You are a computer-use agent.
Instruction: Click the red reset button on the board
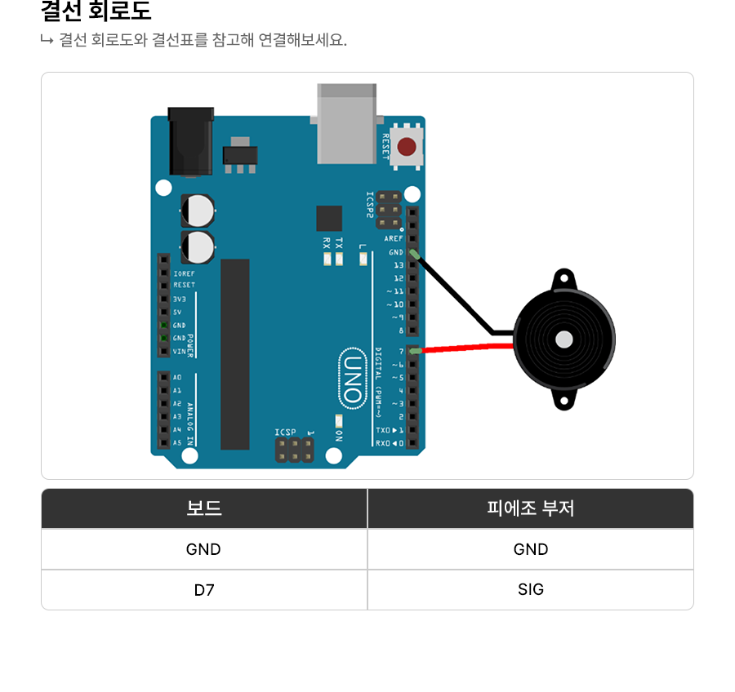[x=407, y=147]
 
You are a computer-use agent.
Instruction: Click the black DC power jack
[x=190, y=140]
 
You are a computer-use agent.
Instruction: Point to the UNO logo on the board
[x=352, y=377]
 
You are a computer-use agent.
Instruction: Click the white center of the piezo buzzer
[x=563, y=339]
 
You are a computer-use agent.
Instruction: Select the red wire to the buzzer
[x=465, y=348]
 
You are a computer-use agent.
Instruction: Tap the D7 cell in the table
[x=204, y=589]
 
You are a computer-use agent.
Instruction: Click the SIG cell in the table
[x=531, y=589]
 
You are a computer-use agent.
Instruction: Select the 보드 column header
[x=204, y=508]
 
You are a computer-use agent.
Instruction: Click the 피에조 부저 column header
[x=531, y=508]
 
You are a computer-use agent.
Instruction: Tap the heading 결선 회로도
[x=96, y=12]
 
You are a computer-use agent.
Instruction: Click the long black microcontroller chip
[x=235, y=353]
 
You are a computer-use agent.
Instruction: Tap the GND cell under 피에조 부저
[x=531, y=549]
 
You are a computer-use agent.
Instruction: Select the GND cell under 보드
[x=204, y=549]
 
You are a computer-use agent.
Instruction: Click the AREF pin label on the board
[x=394, y=238]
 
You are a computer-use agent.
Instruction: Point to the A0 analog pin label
[x=177, y=378]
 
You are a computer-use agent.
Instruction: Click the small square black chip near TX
[x=329, y=218]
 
